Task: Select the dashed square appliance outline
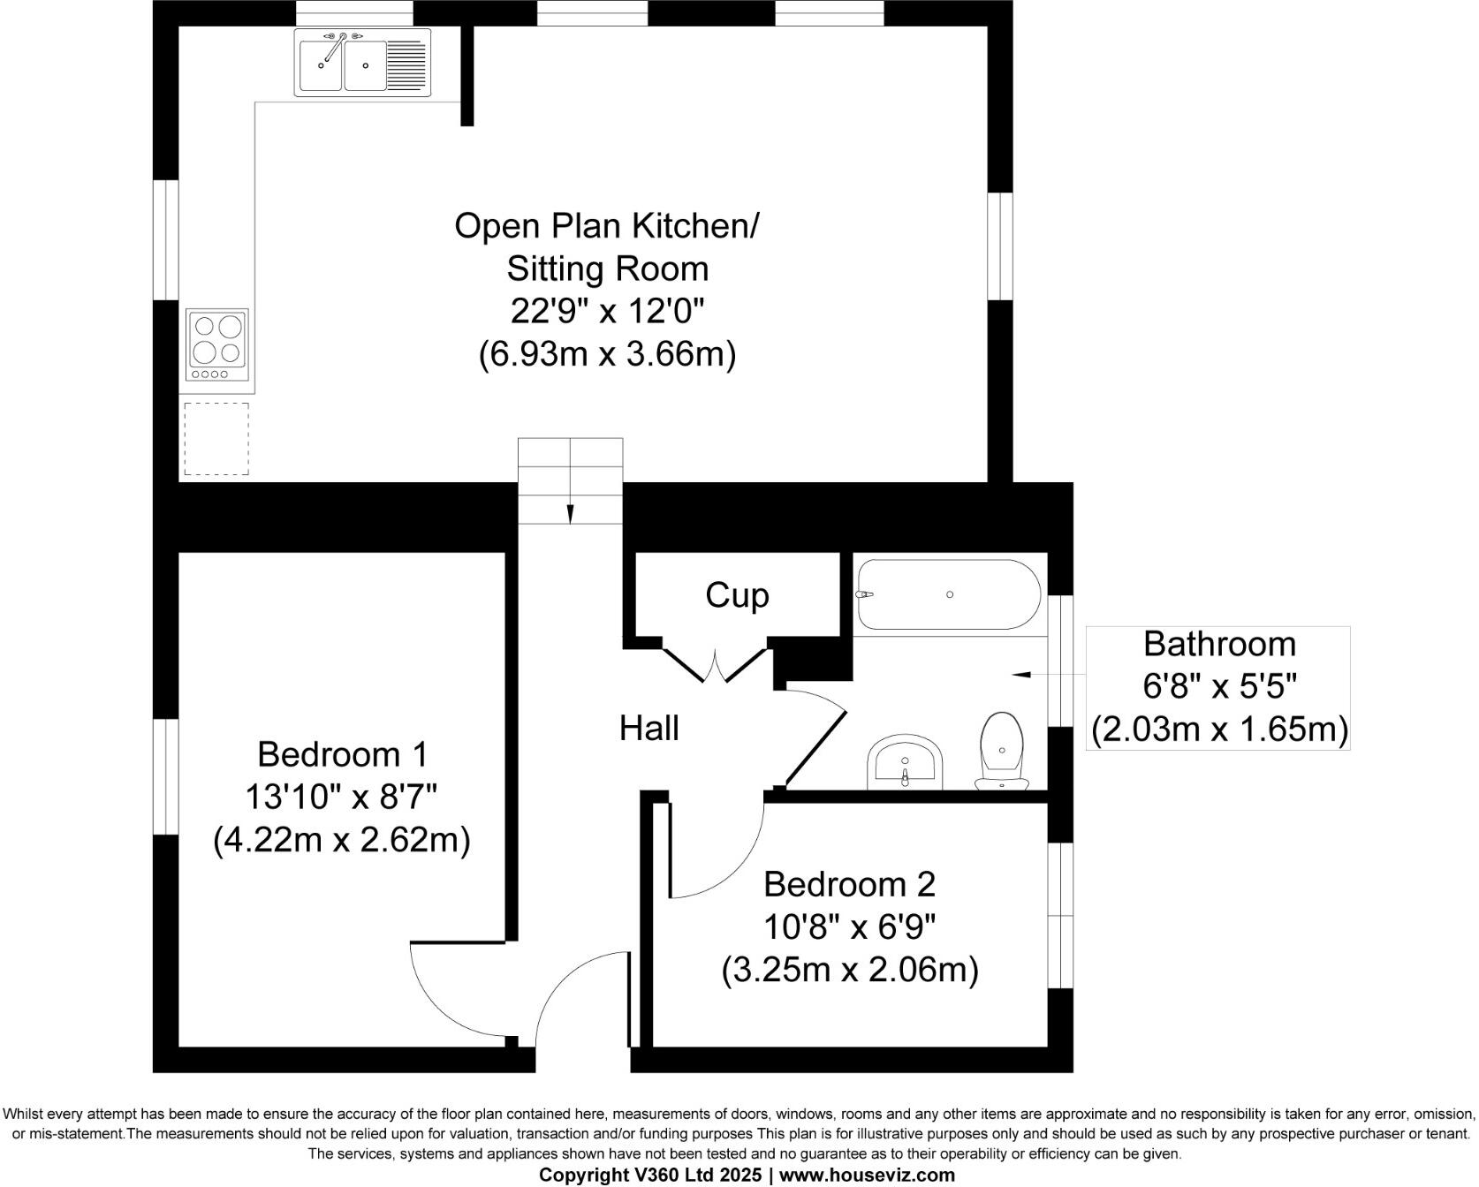216,439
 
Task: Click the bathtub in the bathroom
948,594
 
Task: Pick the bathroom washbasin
906,762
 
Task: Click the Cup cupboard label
737,595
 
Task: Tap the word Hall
648,728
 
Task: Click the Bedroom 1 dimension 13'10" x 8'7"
341,798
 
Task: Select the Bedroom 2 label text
849,884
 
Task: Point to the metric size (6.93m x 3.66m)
607,354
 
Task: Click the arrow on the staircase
570,513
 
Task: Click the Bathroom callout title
1218,644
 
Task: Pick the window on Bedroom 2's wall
1060,914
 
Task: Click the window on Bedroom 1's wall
165,776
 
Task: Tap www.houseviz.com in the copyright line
866,1176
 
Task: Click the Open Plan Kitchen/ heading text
606,225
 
